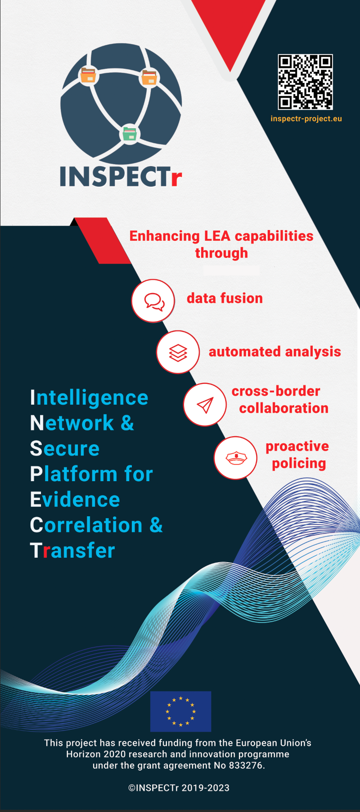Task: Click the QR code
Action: [x=306, y=82]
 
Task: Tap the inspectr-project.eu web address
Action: [x=306, y=119]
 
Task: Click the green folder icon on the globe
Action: [x=130, y=133]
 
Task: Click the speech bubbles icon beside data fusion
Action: [x=153, y=301]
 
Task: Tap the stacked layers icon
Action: [x=178, y=352]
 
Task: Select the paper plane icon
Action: [x=205, y=405]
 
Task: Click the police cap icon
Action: [x=236, y=458]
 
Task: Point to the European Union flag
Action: [x=180, y=712]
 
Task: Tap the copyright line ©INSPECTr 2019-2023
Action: [x=179, y=788]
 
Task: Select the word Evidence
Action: [x=75, y=500]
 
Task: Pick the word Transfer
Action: [x=72, y=550]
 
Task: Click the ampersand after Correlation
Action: [x=156, y=525]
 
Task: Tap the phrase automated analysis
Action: [x=275, y=352]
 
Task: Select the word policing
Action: [x=299, y=464]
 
